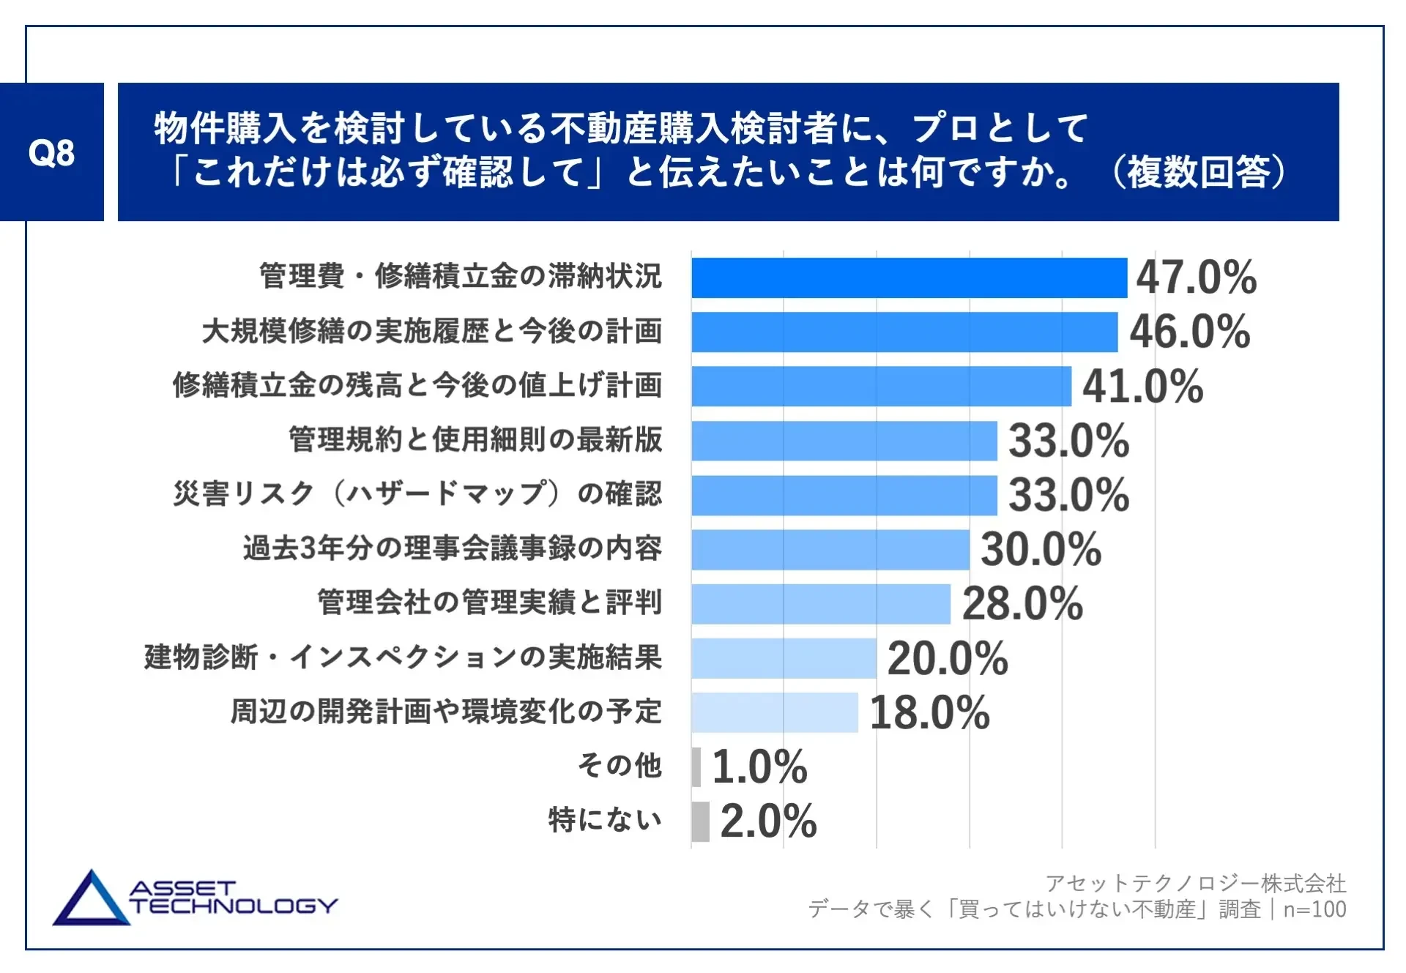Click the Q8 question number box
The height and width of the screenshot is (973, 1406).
(51, 152)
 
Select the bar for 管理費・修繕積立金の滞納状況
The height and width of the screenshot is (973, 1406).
(909, 277)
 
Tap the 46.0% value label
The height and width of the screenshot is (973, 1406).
(1189, 332)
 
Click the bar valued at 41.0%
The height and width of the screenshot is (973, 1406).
(881, 386)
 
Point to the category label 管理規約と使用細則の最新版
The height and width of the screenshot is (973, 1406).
(475, 440)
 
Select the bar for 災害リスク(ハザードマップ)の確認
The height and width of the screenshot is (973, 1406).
(844, 495)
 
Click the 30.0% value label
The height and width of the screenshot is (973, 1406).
(1041, 549)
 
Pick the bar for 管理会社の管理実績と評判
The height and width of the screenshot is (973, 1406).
(820, 603)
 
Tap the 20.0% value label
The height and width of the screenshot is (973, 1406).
(948, 658)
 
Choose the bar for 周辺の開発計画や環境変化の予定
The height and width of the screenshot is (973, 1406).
(774, 712)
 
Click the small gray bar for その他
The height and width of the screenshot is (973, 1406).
(696, 767)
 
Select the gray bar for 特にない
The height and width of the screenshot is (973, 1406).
(700, 821)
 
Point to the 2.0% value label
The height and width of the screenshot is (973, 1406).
(768, 821)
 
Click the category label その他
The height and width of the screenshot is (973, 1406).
(620, 766)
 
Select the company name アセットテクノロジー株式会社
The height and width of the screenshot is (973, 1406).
(1195, 883)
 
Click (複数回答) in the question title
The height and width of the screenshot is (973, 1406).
(1198, 172)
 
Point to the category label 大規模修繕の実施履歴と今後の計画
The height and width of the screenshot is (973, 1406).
(432, 331)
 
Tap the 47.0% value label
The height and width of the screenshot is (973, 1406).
(1196, 277)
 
